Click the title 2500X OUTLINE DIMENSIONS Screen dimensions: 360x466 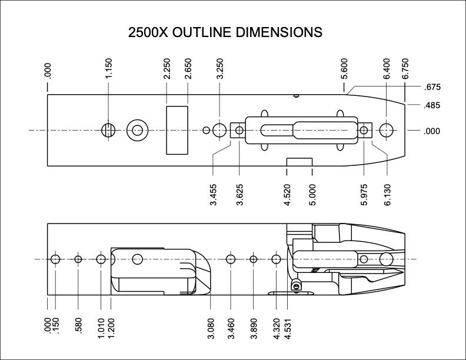click(x=225, y=32)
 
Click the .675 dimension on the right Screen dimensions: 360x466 click(x=432, y=88)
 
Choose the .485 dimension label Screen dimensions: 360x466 click(x=432, y=106)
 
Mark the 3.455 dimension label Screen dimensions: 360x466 click(x=213, y=194)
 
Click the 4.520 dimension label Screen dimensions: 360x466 click(x=287, y=194)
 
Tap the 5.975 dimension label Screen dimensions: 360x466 click(x=364, y=194)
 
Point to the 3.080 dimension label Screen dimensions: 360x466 click(x=211, y=325)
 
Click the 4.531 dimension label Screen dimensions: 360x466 click(x=287, y=325)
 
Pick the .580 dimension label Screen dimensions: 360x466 click(x=78, y=325)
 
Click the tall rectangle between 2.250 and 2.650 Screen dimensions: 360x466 click(x=177, y=130)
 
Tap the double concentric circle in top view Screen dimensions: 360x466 click(x=138, y=130)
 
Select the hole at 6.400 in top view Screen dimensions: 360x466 click(x=387, y=130)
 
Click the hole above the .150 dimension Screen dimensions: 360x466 click(x=56, y=259)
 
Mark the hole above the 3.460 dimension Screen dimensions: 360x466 click(x=230, y=259)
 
